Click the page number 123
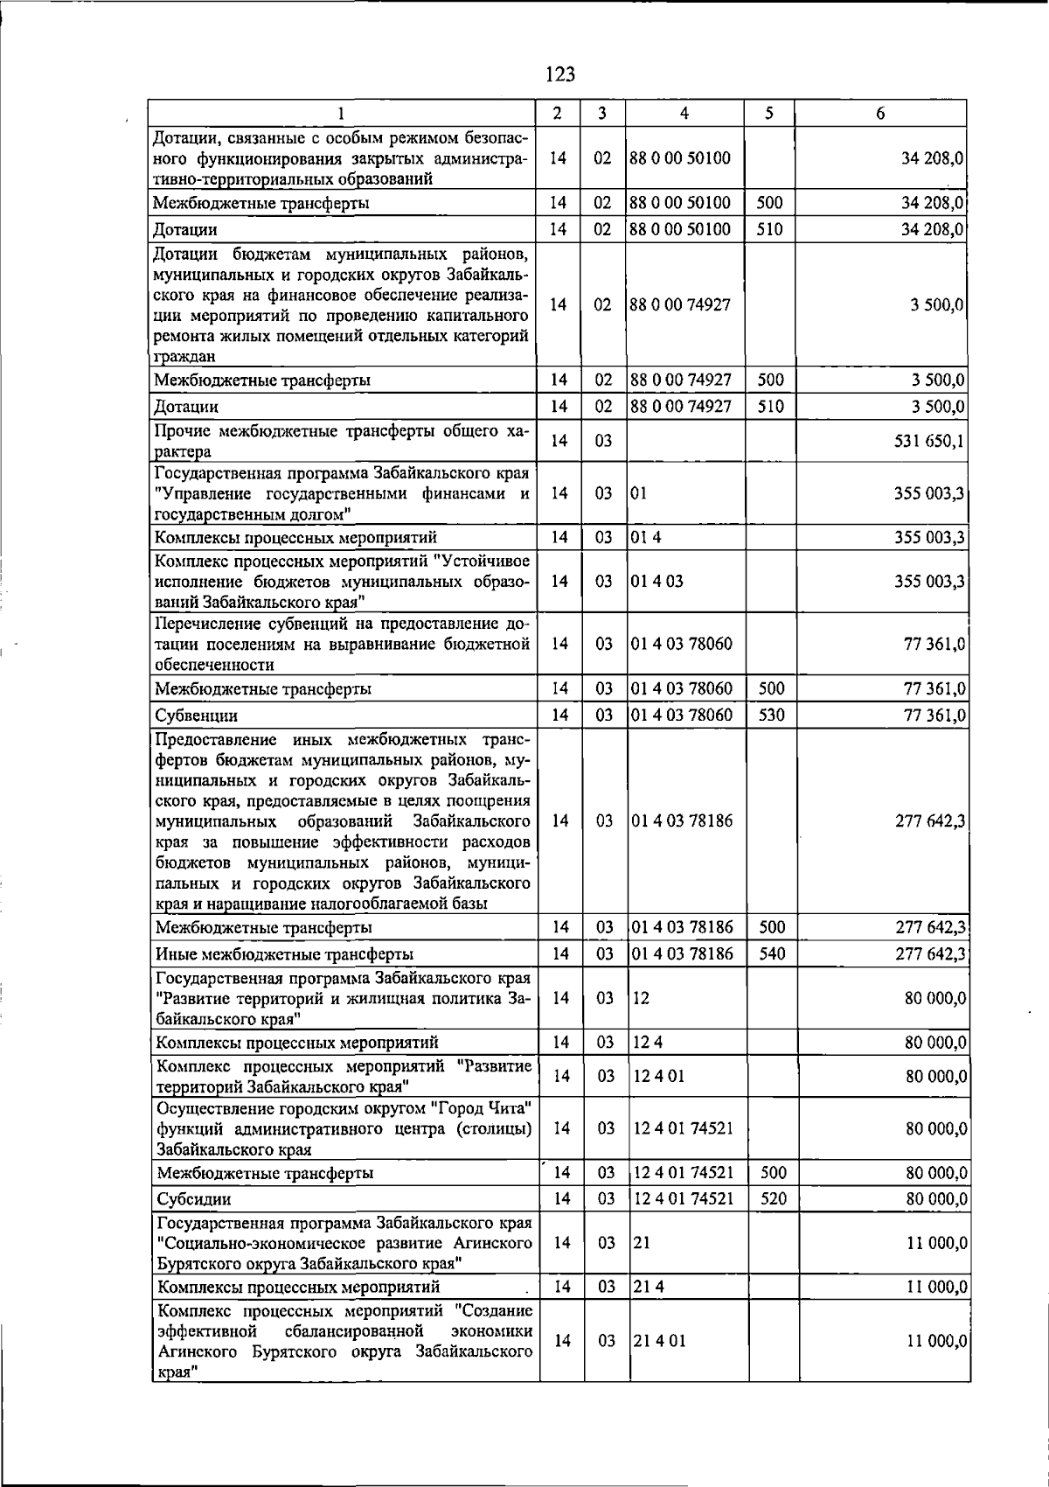559,74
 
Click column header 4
684,114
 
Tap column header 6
879,114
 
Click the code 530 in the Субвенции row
771,716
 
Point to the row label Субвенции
197,716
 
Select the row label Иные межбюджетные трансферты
284,953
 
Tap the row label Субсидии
193,1199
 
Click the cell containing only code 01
639,493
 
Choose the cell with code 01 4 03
656,581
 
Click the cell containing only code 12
642,998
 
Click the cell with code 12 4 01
658,1076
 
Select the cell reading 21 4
647,1287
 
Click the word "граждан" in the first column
183,356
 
